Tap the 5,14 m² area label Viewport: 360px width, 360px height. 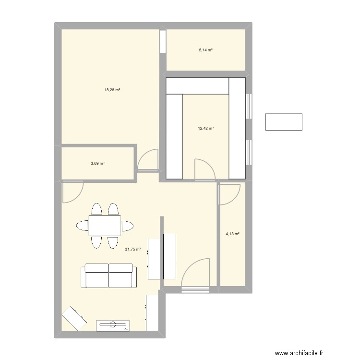click(206, 50)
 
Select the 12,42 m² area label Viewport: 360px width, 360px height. click(206, 128)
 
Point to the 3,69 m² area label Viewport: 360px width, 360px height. click(97, 164)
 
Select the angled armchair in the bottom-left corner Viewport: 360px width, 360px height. click(74, 317)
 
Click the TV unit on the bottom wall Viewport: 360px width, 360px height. click(113, 325)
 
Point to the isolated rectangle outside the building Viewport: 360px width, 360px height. click(284, 121)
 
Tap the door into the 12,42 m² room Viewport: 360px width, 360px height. click(203, 169)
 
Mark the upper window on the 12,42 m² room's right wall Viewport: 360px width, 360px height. click(249, 106)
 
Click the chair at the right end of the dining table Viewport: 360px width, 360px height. click(127, 226)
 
